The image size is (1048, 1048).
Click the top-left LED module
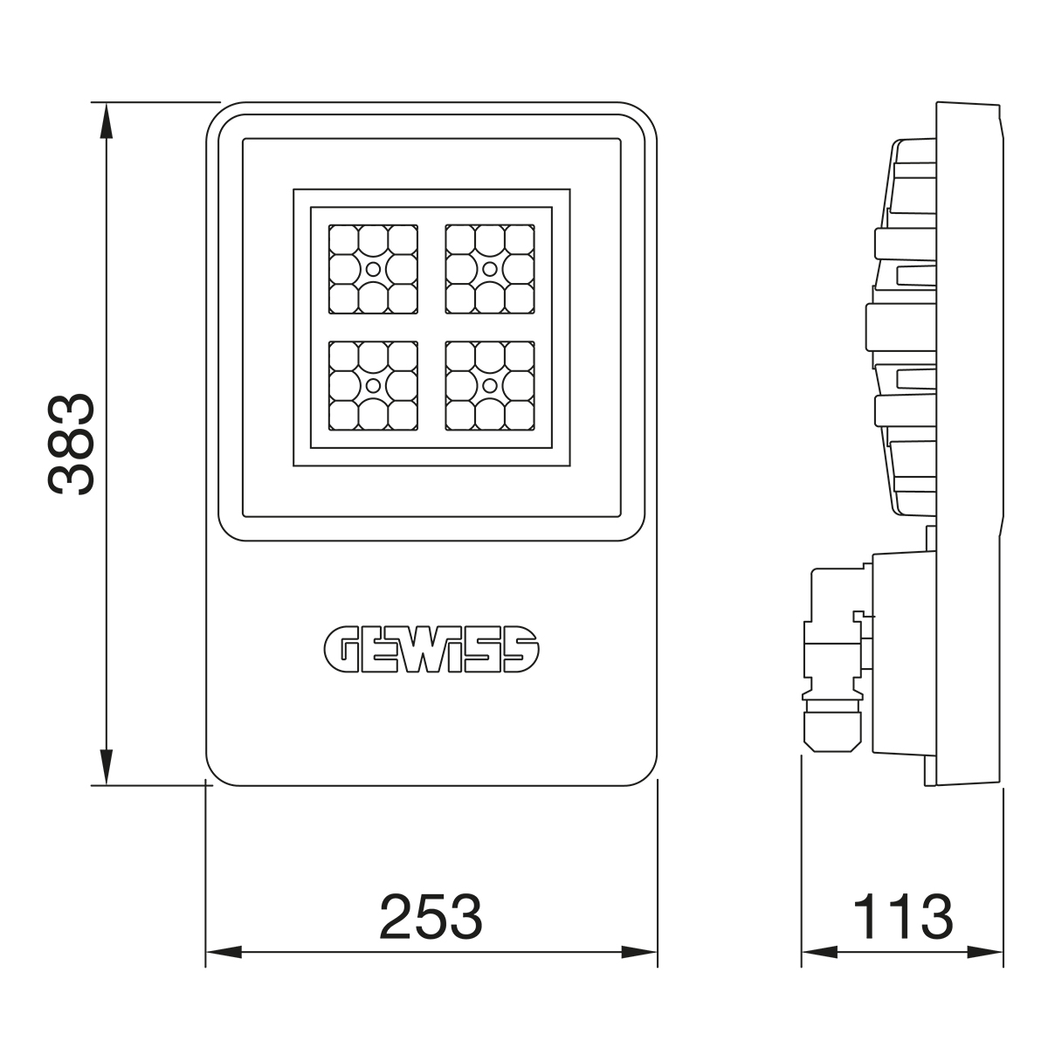tap(373, 269)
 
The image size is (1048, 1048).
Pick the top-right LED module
tap(489, 269)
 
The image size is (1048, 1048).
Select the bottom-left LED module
tap(373, 386)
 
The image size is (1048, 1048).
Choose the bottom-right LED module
tap(489, 386)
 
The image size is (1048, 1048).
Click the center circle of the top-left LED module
tap(373, 269)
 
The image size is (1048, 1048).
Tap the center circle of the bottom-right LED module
tap(489, 386)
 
